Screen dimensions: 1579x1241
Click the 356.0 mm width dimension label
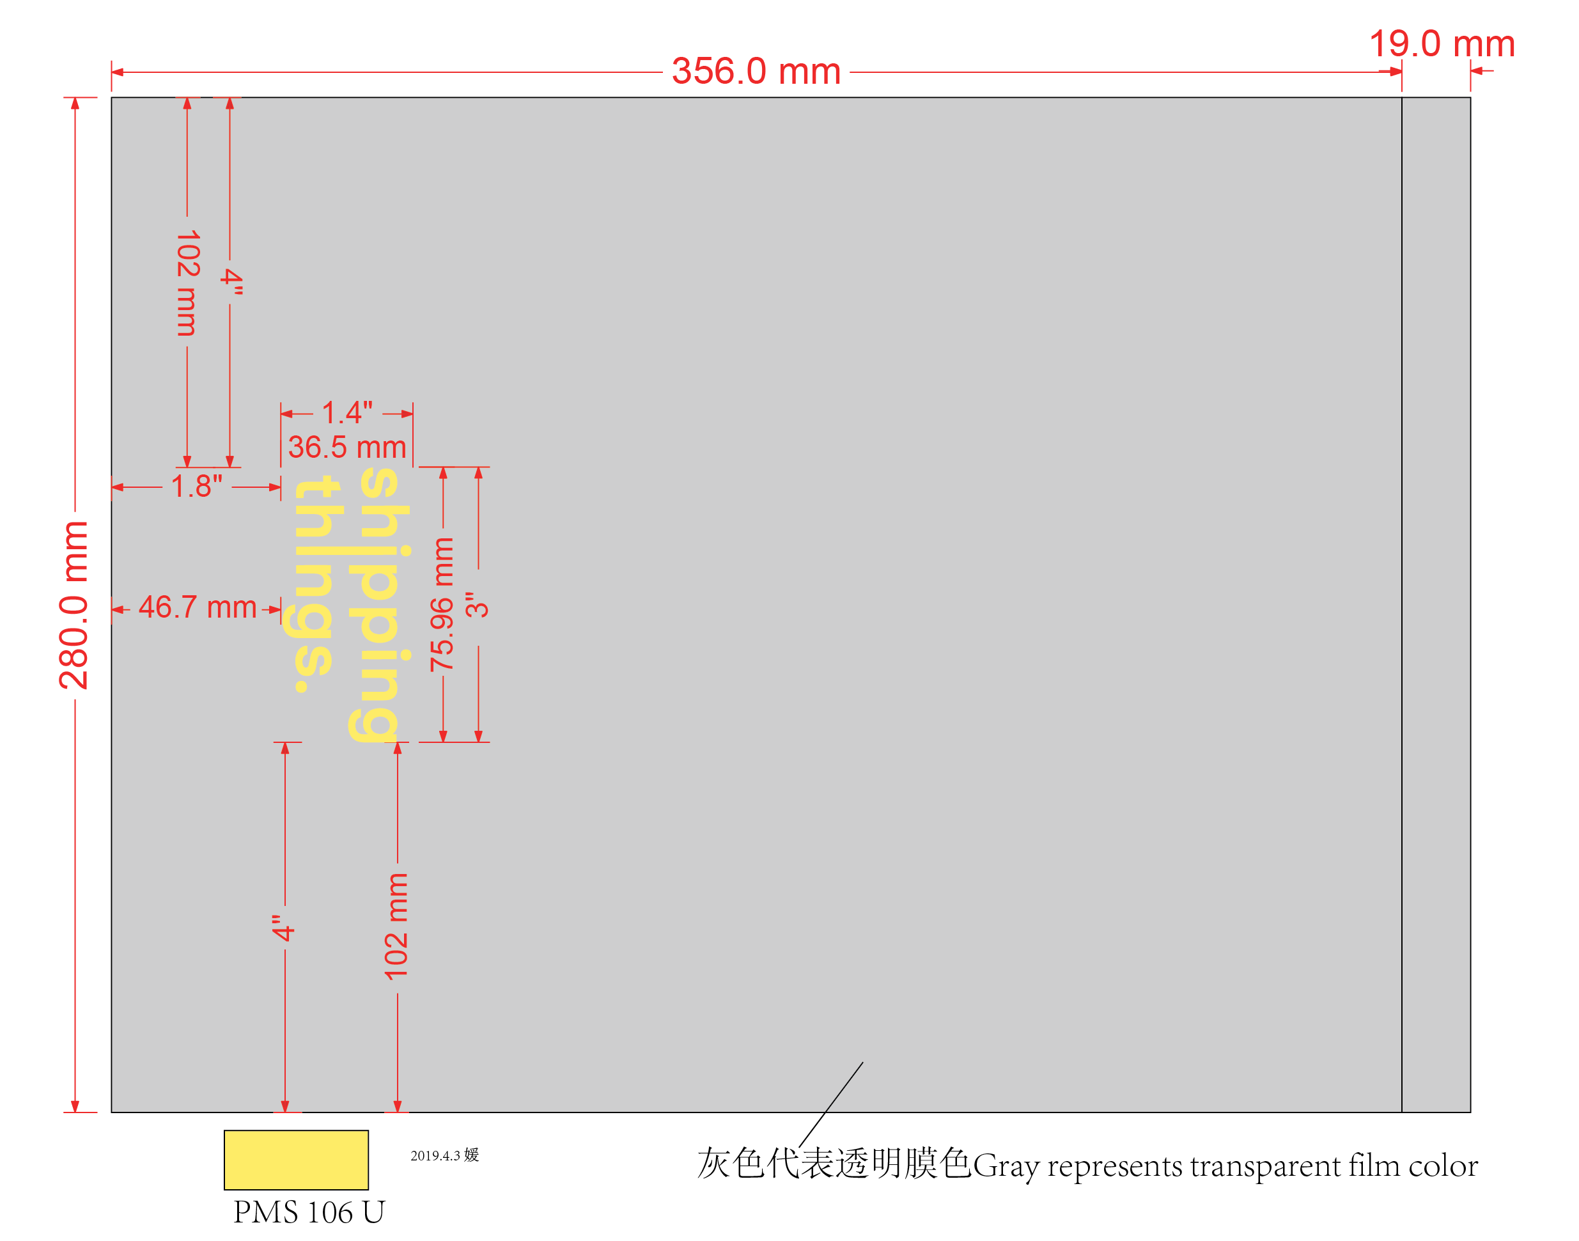tap(756, 72)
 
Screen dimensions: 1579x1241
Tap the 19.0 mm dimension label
tap(1441, 44)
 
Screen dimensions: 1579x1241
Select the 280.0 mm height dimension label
tap(74, 604)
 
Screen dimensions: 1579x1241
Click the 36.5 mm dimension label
tap(346, 447)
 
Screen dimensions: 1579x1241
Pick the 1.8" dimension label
tap(196, 486)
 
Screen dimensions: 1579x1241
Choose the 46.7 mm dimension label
tap(197, 607)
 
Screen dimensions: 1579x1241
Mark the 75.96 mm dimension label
tap(442, 604)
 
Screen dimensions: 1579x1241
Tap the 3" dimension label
tap(477, 604)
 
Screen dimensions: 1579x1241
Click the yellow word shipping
tap(379, 604)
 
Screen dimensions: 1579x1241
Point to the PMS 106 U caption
tap(309, 1212)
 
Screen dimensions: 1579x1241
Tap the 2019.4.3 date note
tap(444, 1155)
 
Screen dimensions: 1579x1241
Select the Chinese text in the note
tap(833, 1164)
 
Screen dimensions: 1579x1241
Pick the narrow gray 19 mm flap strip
tap(1435, 604)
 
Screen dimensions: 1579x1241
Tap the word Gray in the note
tap(1007, 1167)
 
